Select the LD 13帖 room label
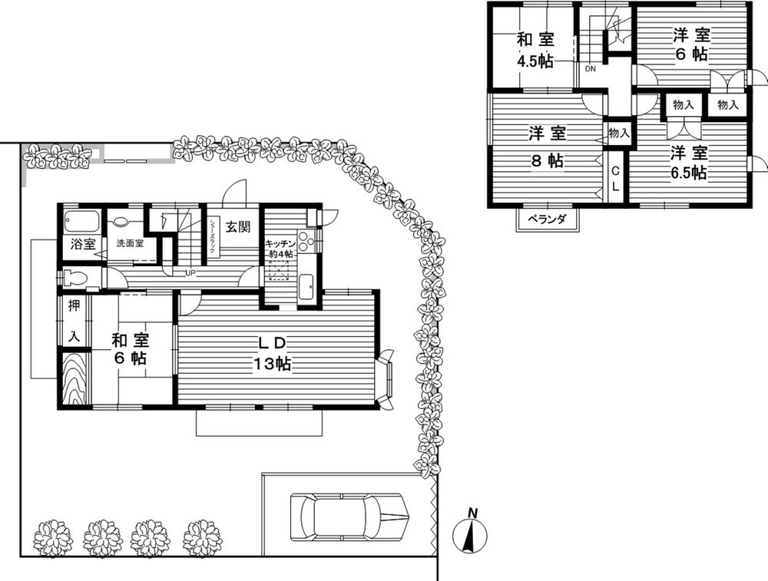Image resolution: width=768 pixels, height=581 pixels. coord(272,352)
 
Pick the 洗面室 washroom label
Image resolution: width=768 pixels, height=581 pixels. coord(130,243)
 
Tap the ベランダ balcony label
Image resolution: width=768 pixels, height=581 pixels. coord(551,220)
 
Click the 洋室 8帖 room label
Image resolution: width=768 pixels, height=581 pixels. coord(547,147)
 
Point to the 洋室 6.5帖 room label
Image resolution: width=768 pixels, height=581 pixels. coord(688,161)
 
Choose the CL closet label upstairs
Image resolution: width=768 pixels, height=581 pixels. coord(616,179)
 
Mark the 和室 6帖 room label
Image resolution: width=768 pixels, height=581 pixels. coord(130,348)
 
